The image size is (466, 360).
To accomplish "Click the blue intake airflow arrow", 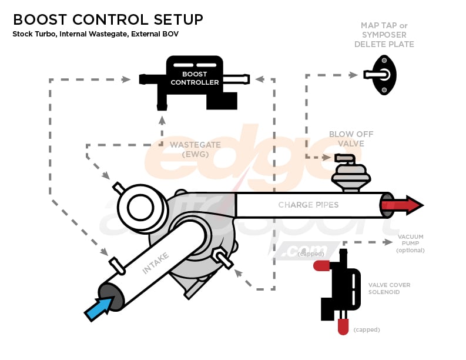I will click(x=98, y=308).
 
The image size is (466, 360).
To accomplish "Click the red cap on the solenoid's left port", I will click(x=321, y=265).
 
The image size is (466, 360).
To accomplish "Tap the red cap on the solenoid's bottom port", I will click(x=343, y=327).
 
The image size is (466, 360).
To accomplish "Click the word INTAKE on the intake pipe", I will click(x=156, y=263).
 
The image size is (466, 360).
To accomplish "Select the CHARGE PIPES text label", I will click(x=307, y=205).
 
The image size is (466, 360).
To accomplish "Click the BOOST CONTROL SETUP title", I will click(x=108, y=19).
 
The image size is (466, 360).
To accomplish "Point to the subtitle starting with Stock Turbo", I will click(x=95, y=34).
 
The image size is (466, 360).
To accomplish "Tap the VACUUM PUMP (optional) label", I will click(x=410, y=244).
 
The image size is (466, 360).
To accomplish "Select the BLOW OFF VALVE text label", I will click(x=351, y=139).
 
